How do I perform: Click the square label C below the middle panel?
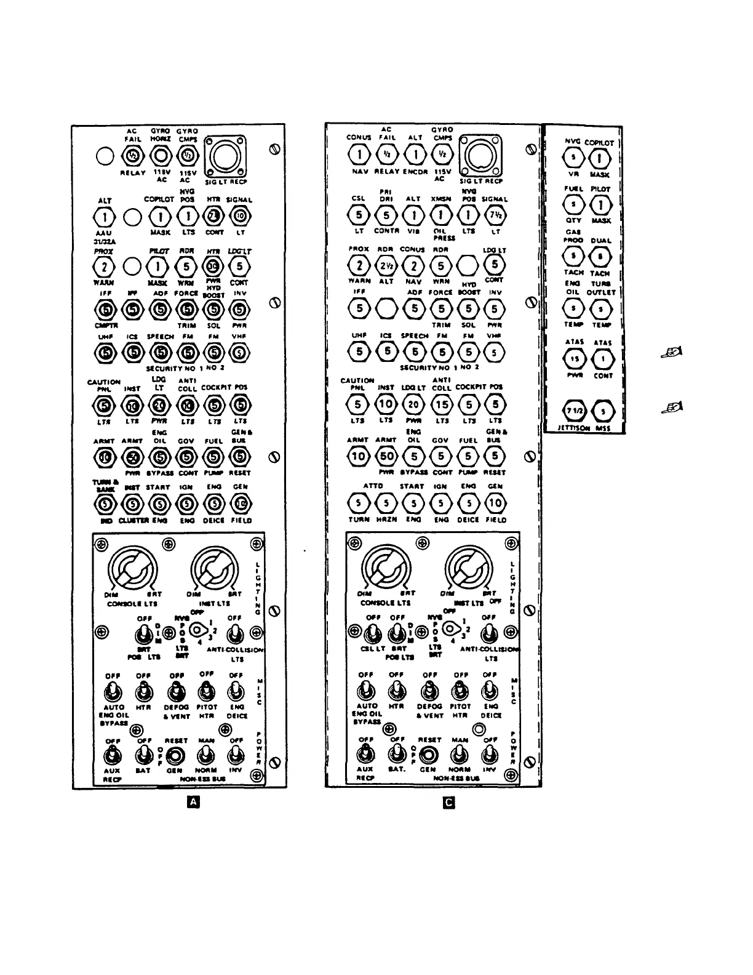[x=449, y=803]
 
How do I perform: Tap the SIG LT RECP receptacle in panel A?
[x=225, y=156]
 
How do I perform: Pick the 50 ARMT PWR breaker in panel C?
[x=386, y=456]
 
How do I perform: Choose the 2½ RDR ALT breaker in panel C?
[x=386, y=266]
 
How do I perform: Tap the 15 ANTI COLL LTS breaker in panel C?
[x=442, y=404]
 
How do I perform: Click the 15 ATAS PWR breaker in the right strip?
[x=574, y=358]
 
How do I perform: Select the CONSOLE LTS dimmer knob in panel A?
[x=132, y=568]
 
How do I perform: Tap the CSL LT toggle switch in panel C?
[x=372, y=633]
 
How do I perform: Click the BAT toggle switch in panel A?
[x=143, y=754]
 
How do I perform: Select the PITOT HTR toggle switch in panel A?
[x=207, y=692]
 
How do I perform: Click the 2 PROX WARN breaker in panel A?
[x=105, y=267]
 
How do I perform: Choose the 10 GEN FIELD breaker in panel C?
[x=495, y=504]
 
